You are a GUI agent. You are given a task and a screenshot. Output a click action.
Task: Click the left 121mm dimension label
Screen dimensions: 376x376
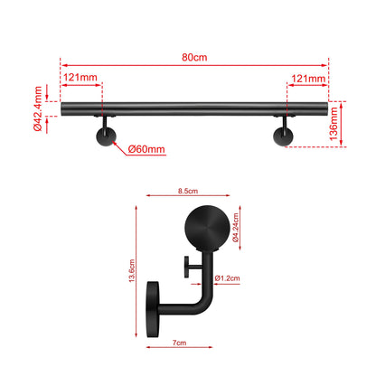[x=81, y=79]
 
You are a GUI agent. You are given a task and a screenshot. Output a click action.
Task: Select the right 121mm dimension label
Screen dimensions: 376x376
[x=307, y=79]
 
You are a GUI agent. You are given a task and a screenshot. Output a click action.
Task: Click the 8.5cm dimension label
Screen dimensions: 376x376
[x=188, y=191]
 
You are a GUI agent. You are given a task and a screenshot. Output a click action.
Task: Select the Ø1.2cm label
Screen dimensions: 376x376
[x=228, y=279]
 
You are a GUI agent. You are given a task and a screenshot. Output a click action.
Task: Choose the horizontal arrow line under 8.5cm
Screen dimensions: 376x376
[x=188, y=199]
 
